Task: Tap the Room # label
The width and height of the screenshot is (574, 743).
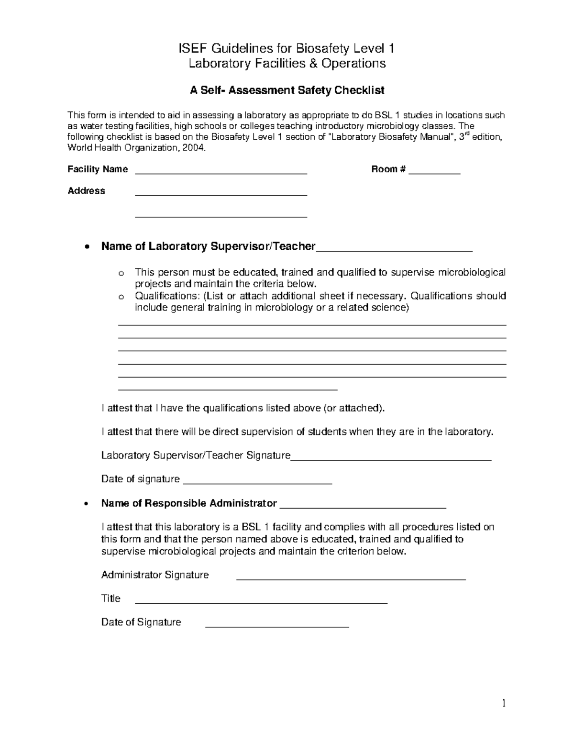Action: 388,169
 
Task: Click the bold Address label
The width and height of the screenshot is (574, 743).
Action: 86,191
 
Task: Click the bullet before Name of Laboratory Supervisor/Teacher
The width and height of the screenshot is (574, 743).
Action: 86,247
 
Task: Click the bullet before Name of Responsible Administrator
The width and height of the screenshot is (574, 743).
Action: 86,504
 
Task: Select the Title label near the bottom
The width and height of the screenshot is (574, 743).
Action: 110,599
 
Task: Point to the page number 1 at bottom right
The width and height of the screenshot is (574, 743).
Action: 504,703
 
